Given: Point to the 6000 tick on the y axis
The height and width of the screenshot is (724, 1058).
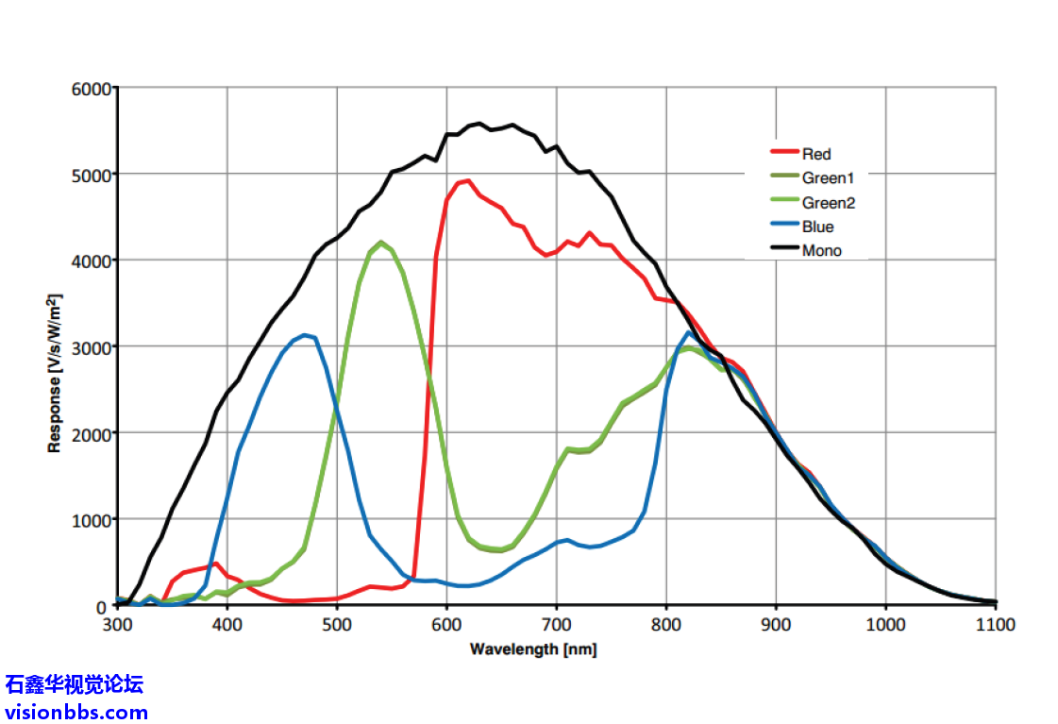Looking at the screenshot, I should [x=92, y=89].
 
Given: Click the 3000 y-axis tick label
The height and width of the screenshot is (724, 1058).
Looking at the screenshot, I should [x=92, y=347].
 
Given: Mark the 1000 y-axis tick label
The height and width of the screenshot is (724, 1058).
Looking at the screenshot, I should [x=92, y=520].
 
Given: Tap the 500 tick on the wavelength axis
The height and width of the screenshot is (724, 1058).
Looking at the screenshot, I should [x=337, y=625].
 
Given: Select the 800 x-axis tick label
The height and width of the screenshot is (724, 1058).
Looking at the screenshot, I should [x=666, y=625].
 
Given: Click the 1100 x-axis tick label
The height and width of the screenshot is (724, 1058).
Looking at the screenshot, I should [x=995, y=625].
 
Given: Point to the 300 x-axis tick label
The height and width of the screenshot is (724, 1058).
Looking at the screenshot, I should [x=117, y=625].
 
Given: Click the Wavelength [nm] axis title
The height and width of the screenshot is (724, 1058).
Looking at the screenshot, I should [x=533, y=649].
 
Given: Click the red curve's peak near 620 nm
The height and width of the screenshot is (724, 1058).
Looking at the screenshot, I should [x=467, y=180].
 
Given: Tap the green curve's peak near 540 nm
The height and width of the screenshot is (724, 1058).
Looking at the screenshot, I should [x=380, y=243].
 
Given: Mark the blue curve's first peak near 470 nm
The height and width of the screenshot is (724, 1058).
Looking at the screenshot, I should [x=304, y=335].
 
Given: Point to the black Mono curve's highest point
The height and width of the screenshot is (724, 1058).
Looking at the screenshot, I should [x=479, y=124].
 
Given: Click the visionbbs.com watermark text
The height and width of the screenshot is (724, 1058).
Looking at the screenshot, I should [x=76, y=712].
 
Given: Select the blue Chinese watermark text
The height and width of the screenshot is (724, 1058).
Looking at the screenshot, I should [x=75, y=684].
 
